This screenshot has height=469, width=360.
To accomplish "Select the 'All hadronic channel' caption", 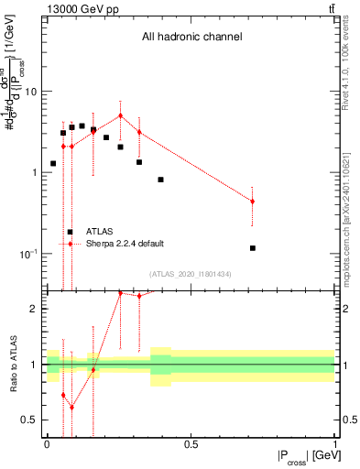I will tap(191, 38).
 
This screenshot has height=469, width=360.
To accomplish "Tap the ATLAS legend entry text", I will tap(100, 232).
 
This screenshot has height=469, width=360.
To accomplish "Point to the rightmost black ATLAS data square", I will tap(252, 247).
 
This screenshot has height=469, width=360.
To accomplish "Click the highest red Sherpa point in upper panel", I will tap(120, 115).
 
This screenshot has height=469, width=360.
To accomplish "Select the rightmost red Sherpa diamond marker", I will tap(252, 202).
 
